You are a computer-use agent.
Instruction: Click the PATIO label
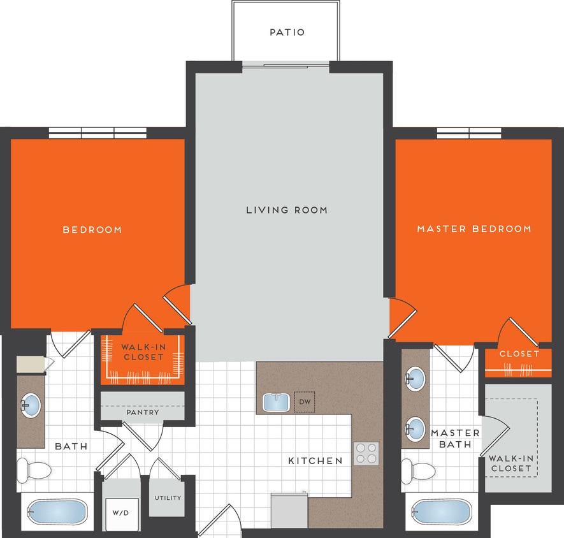click(287, 32)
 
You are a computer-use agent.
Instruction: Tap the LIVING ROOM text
click(287, 210)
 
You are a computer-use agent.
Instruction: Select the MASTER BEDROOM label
click(474, 228)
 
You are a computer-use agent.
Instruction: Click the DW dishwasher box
click(305, 402)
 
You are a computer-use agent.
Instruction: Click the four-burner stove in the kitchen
click(366, 453)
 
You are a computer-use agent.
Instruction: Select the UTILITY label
click(168, 498)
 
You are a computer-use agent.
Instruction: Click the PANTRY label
click(143, 412)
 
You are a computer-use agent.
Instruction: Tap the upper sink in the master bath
click(415, 379)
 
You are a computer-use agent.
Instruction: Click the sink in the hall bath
click(30, 404)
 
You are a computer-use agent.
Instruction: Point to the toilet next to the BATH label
click(34, 470)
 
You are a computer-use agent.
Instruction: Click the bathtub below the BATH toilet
click(56, 512)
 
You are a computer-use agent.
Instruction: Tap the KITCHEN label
click(315, 460)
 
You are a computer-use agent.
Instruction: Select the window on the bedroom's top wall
click(99, 133)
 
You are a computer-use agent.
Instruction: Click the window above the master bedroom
click(469, 133)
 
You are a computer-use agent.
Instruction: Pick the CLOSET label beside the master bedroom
click(519, 354)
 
